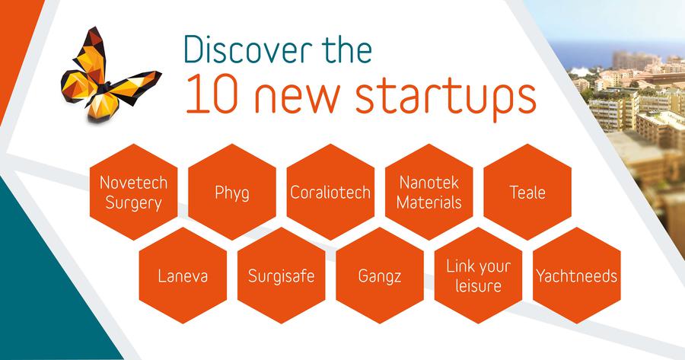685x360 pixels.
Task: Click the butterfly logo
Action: [109, 75]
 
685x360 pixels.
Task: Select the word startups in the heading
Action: [445, 98]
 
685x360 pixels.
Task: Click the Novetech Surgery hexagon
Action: [134, 192]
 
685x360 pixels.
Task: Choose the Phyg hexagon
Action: [232, 192]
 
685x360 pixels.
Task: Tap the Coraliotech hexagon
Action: [331, 192]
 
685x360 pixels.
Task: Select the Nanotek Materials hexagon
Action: [429, 192]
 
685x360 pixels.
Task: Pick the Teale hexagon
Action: [527, 192]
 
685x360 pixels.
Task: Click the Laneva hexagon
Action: [183, 276]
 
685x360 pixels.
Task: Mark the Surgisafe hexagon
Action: [282, 276]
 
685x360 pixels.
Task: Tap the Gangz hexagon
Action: [380, 276]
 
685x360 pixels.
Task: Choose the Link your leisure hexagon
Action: [479, 276]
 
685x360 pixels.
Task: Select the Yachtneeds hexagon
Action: [577, 276]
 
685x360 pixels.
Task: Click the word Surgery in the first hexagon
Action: [134, 203]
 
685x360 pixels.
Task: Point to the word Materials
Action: [429, 202]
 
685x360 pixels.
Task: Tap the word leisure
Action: [479, 285]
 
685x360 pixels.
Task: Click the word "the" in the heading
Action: [347, 49]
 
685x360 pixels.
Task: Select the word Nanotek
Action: [429, 182]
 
